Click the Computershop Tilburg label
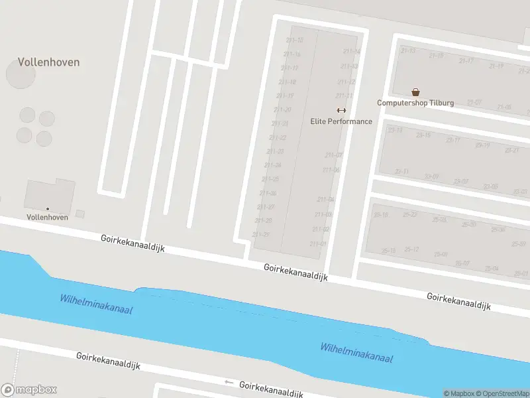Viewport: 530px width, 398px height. coord(415,103)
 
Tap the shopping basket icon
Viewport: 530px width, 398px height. coord(415,92)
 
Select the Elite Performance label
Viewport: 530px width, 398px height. coord(341,121)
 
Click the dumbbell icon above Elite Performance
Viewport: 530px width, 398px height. coord(341,110)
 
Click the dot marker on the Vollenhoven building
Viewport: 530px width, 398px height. coord(47,209)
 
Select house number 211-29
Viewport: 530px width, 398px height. coord(261,234)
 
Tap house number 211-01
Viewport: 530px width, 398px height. coord(318,243)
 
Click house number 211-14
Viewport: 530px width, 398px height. coord(352,51)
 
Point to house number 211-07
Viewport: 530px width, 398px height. coord(334,155)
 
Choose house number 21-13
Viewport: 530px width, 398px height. coord(408,50)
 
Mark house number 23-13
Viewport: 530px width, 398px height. coord(396,130)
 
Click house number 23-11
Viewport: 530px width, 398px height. coord(401,171)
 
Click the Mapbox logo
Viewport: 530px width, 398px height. coord(29,390)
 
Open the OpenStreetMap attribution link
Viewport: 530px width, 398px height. coord(501,393)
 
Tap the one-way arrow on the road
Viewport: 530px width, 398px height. coord(229,382)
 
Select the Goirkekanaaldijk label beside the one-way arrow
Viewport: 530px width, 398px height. coord(271,389)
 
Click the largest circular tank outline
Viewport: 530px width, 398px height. coord(21,74)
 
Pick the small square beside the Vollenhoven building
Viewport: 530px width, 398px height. coord(80,214)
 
